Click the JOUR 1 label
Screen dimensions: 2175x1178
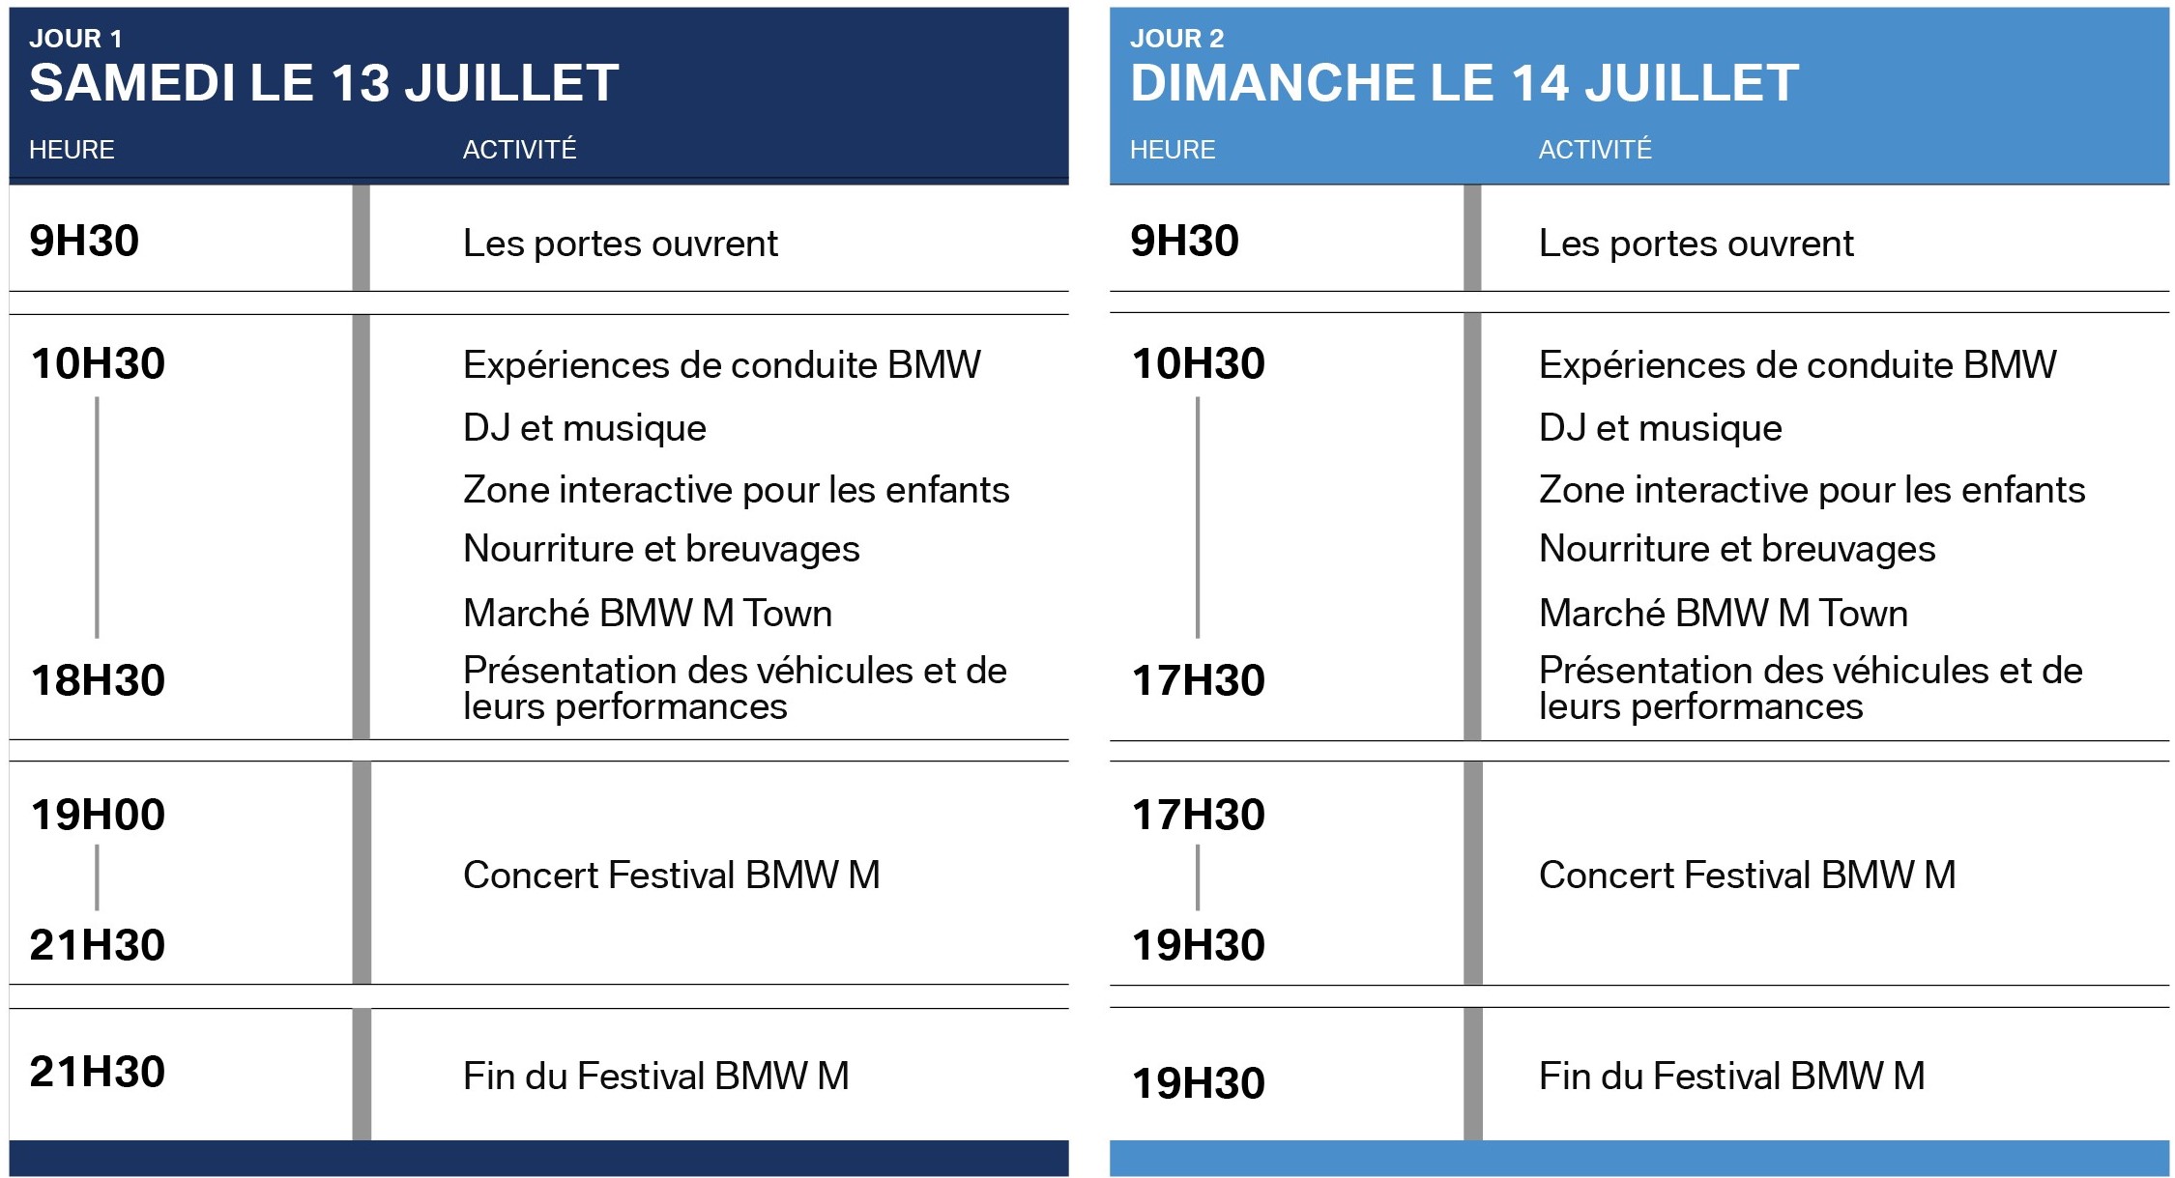[x=75, y=39]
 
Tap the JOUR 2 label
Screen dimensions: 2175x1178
[x=1176, y=39]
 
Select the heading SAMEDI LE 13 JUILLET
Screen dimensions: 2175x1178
[x=324, y=82]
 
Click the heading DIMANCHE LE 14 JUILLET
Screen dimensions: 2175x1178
[x=1464, y=82]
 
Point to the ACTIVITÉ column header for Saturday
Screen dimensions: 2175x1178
[x=519, y=149]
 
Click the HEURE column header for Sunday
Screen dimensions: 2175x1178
[x=1173, y=150]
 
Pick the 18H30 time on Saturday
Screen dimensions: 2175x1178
[x=98, y=680]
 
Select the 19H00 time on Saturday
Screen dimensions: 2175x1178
[x=98, y=815]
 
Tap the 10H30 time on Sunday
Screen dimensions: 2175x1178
[x=1199, y=363]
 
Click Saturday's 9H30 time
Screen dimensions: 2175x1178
[x=84, y=241]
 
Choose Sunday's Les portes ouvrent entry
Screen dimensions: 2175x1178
[x=1696, y=244]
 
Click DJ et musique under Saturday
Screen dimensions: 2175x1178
[x=585, y=427]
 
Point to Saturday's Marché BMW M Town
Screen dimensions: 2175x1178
[x=648, y=613]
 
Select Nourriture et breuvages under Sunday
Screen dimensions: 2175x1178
[x=1737, y=549]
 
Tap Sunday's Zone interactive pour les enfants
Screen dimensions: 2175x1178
[x=1812, y=490]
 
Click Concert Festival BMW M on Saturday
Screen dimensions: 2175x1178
[x=672, y=875]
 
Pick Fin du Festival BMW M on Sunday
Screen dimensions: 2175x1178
[x=1732, y=1076]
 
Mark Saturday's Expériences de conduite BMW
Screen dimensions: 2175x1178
[x=722, y=365]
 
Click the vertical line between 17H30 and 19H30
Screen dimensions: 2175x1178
[x=1198, y=877]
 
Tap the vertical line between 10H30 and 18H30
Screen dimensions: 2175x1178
[x=97, y=517]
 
